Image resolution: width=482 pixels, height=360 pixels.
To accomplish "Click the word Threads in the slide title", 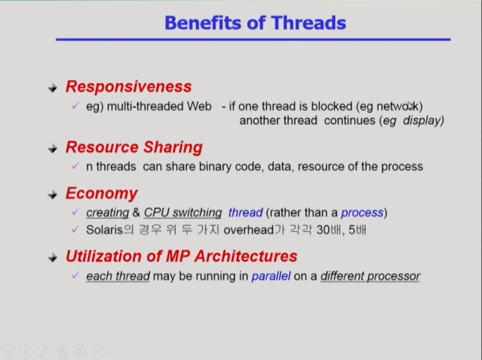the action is [308, 23].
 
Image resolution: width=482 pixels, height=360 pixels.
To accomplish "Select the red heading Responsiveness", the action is [128, 86].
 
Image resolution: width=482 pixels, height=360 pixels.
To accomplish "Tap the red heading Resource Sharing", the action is [134, 147].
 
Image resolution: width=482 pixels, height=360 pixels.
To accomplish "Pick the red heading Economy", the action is [102, 194].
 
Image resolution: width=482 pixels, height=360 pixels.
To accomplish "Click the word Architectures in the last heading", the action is [245, 256].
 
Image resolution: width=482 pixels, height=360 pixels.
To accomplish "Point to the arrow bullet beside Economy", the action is [53, 195].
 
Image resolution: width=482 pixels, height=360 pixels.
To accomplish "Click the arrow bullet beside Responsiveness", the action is [53, 88].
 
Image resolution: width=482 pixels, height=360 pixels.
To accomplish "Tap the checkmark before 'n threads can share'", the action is [76, 166].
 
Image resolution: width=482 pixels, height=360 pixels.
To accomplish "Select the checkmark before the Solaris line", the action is [76, 230].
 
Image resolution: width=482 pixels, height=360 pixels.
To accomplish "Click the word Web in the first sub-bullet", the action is [199, 106].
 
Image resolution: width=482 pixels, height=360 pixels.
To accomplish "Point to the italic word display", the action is [423, 120].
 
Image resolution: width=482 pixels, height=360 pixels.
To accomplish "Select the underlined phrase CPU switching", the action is [182, 212].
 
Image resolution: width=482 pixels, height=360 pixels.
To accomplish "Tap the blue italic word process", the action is [362, 213].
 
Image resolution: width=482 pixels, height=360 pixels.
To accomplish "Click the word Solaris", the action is [104, 230].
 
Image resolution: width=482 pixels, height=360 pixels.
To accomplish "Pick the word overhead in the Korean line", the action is [248, 230].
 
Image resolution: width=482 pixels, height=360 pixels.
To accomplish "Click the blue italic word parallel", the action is [271, 276].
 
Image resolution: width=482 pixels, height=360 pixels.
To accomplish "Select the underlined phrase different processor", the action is [370, 276].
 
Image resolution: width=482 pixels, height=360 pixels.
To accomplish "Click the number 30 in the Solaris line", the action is [323, 230].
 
